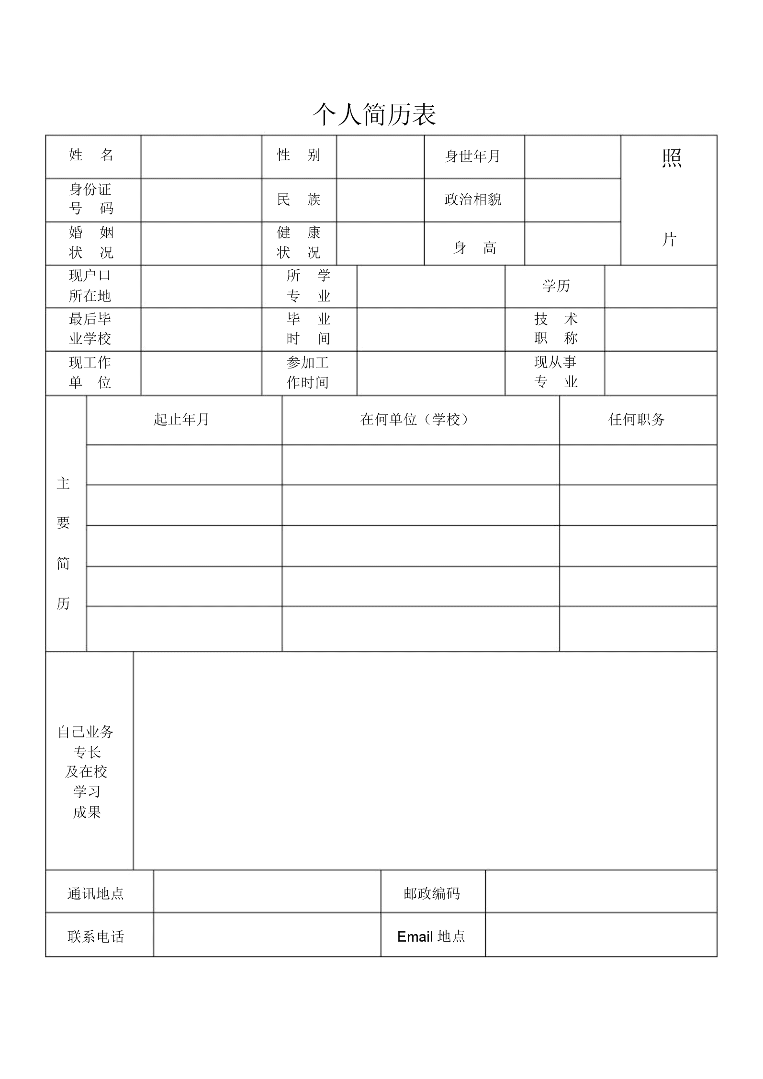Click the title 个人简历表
(374, 114)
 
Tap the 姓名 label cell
(91, 155)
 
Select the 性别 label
(299, 155)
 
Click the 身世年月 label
(472, 156)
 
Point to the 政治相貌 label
(472, 199)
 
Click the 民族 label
(299, 199)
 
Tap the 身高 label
(474, 247)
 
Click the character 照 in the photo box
(671, 158)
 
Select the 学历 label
(556, 286)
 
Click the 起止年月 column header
(181, 420)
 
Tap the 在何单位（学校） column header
(415, 420)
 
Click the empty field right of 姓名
(201, 157)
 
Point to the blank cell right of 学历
(661, 286)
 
